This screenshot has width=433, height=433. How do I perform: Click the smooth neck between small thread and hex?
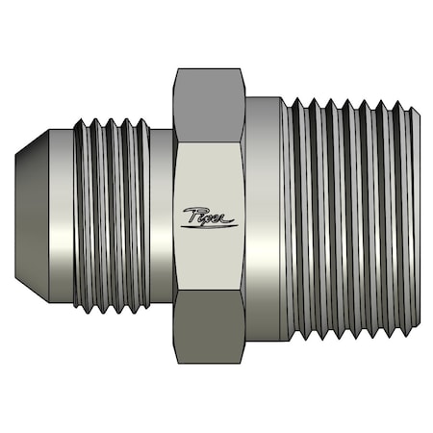(x=162, y=216)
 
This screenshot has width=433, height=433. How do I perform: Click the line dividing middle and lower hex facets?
(x=210, y=291)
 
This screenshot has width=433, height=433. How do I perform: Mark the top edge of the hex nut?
(x=210, y=68)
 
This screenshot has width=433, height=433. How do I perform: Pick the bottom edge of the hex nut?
(x=210, y=364)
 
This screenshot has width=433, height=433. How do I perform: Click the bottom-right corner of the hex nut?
(x=244, y=363)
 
